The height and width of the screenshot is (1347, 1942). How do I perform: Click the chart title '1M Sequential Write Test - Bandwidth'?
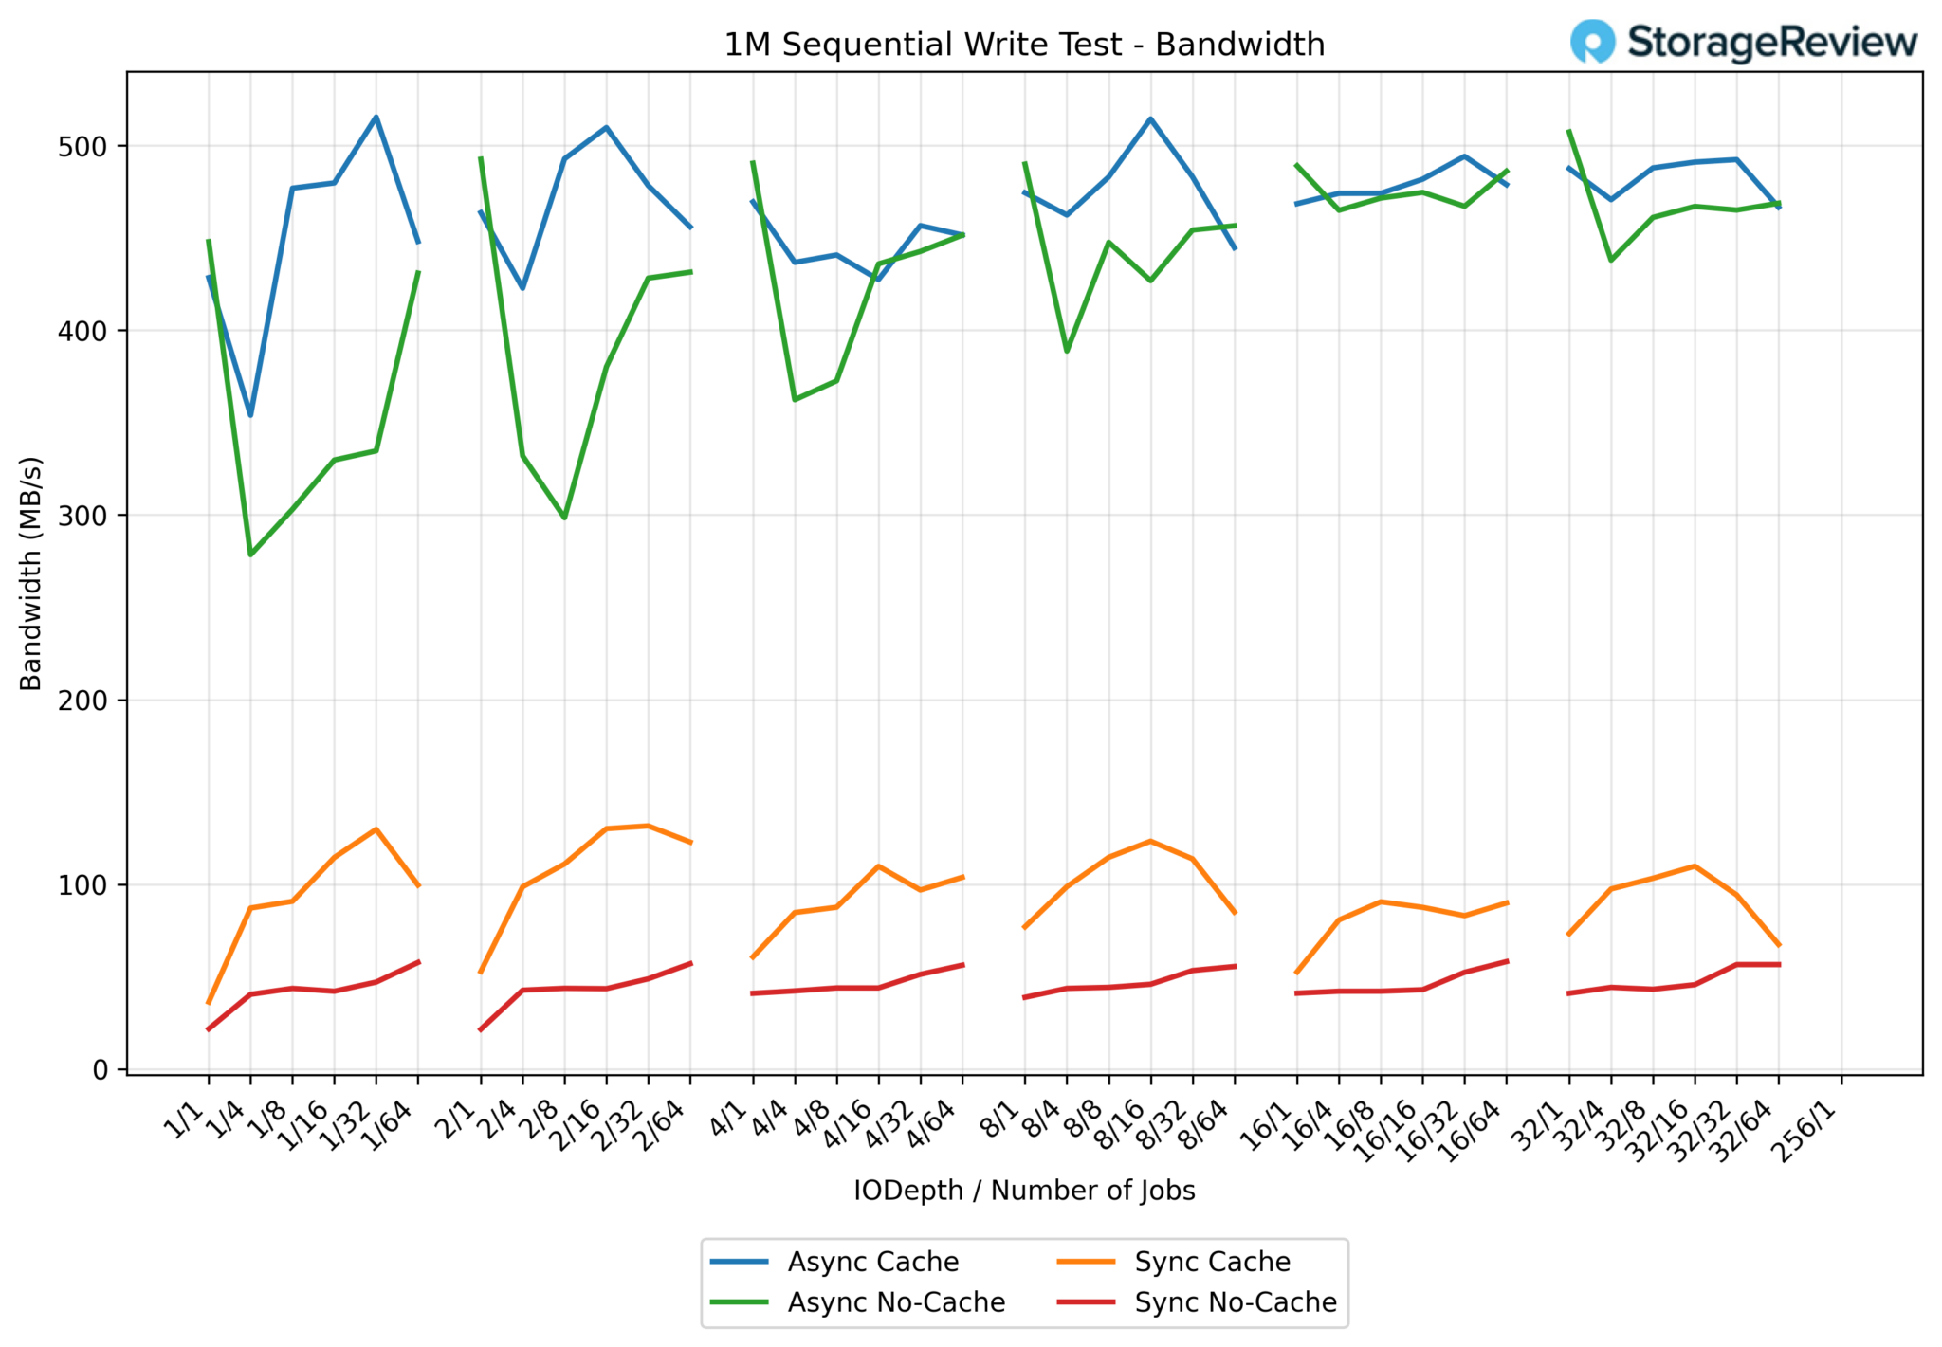tap(1024, 45)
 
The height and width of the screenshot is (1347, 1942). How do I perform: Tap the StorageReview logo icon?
tap(1592, 42)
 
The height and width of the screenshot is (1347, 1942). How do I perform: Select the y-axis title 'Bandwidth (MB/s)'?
tap(31, 573)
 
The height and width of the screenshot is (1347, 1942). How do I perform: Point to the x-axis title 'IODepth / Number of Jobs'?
tap(1024, 1191)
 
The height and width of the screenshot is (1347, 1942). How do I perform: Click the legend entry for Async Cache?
tap(872, 1262)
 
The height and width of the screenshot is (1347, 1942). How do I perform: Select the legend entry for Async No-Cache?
tap(896, 1302)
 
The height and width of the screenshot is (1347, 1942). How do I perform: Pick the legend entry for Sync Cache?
tap(1212, 1262)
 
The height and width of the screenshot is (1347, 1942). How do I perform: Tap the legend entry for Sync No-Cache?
tap(1236, 1302)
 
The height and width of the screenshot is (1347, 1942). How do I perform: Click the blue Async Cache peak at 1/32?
tap(376, 118)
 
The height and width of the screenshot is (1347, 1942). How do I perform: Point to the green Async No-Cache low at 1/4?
tap(250, 555)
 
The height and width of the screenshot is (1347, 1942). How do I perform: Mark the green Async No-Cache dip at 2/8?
tap(564, 518)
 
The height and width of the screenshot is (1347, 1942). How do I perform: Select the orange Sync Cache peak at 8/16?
tap(1150, 841)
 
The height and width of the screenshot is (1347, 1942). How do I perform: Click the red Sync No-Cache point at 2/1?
tap(481, 1029)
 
